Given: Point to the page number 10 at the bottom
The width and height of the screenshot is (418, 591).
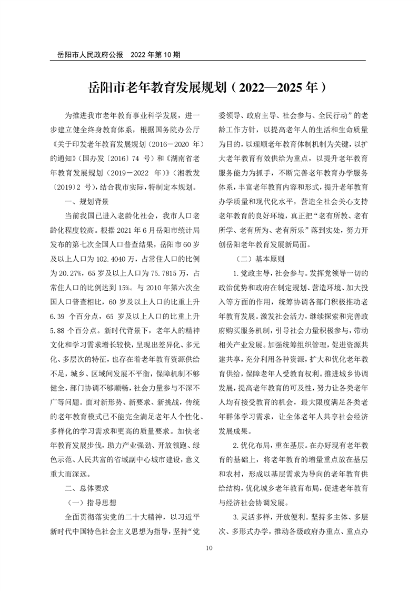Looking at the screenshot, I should tap(209, 548).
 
